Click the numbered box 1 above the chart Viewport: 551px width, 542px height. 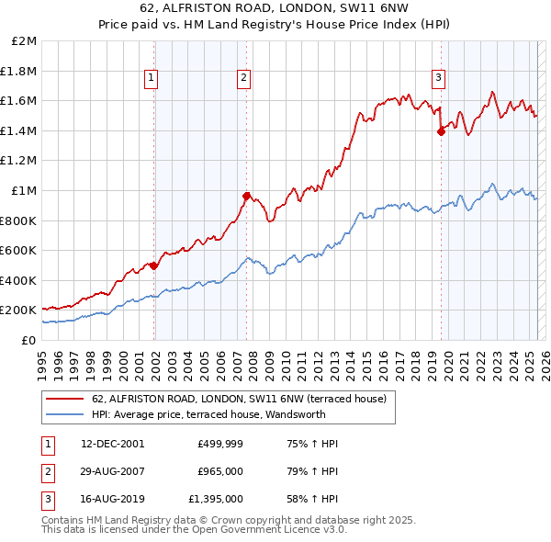150,78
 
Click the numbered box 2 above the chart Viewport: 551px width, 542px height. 243,78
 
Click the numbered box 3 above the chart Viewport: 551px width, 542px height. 439,78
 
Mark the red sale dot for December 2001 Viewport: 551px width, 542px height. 153,265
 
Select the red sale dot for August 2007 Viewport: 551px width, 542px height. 247,196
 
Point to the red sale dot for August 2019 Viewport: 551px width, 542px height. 441,131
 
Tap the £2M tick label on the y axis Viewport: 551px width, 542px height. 25,41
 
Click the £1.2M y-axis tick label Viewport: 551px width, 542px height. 19,161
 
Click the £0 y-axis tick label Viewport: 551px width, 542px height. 28,340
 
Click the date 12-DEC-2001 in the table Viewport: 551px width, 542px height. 113,444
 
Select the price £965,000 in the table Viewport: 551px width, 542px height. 220,471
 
